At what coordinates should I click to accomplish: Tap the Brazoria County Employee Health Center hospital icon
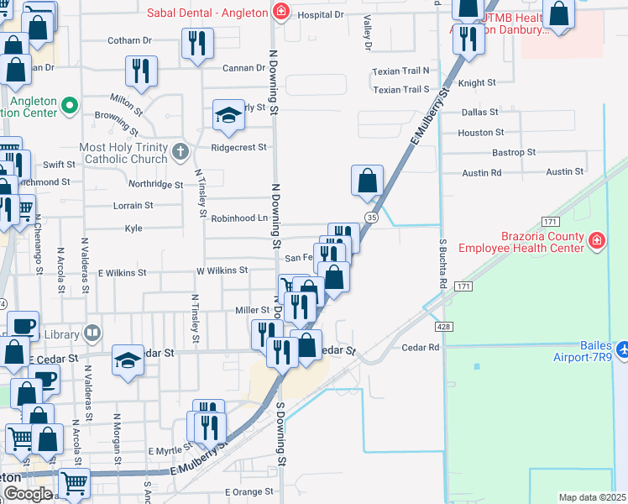tap(596, 242)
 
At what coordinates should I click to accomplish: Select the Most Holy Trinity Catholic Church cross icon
tap(178, 152)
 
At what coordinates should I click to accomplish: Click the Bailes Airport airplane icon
tap(620, 349)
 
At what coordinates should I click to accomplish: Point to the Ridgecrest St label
tap(238, 147)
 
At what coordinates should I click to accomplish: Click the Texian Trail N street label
tap(401, 71)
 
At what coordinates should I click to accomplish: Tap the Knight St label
tap(477, 83)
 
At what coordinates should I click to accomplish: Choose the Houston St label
tap(481, 133)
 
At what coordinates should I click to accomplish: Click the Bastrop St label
tap(513, 153)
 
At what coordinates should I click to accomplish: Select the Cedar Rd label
tap(421, 347)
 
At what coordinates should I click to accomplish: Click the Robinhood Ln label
tap(238, 218)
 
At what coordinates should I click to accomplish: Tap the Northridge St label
tap(155, 184)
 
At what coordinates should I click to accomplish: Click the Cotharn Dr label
tap(129, 40)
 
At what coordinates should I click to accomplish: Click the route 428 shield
tap(442, 326)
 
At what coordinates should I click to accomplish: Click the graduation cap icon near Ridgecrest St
tap(228, 115)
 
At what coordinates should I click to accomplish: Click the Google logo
tap(28, 494)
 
